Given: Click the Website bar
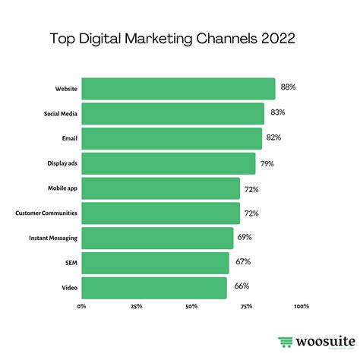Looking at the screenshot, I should [x=178, y=89].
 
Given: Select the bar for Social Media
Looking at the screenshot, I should [x=172, y=114].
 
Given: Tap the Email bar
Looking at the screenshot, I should [x=171, y=138].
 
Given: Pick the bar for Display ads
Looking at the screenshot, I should [x=168, y=163].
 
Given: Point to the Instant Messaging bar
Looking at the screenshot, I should [x=157, y=238].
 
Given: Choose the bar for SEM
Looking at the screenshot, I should [x=155, y=263].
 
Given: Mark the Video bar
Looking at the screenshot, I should [x=153, y=288].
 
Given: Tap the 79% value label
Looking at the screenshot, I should [x=268, y=163].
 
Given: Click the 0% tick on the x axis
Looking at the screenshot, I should [x=81, y=307].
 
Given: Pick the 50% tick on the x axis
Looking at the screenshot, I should [x=191, y=307].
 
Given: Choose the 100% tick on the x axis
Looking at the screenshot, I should [x=301, y=307].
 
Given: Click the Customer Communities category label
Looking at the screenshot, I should [x=46, y=213].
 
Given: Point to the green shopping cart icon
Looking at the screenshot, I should [x=285, y=343].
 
